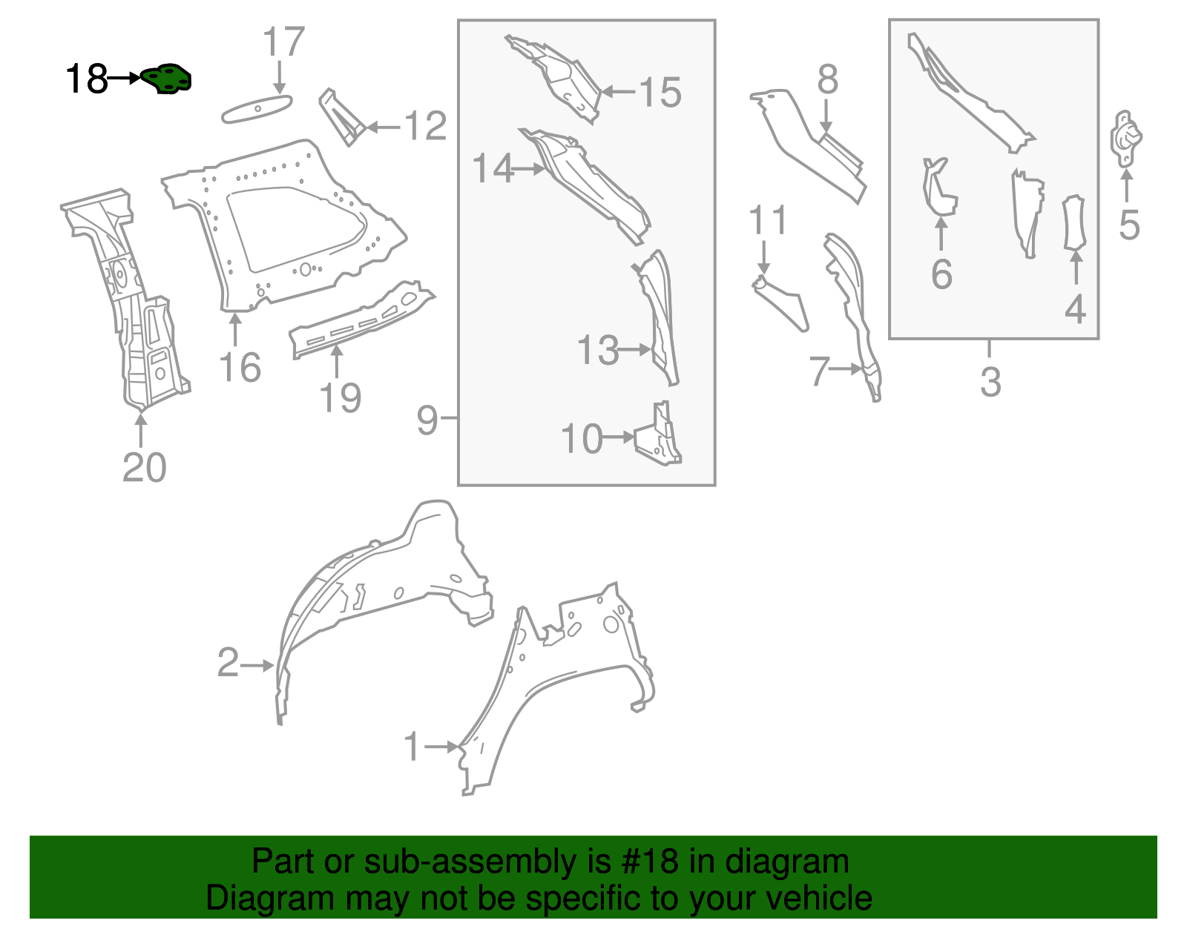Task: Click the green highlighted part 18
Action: click(167, 79)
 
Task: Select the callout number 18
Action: click(86, 79)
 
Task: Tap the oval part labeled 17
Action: click(257, 109)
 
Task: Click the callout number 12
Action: click(425, 126)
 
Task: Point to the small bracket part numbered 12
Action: click(341, 117)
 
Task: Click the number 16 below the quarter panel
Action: click(240, 368)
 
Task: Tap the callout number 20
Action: click(144, 467)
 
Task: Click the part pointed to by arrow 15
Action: click(564, 78)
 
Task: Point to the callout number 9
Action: click(427, 420)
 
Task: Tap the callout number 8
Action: click(827, 79)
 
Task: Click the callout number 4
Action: click(1074, 308)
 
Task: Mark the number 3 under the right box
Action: click(990, 382)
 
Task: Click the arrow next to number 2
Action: click(260, 665)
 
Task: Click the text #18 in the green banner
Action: click(645, 861)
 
